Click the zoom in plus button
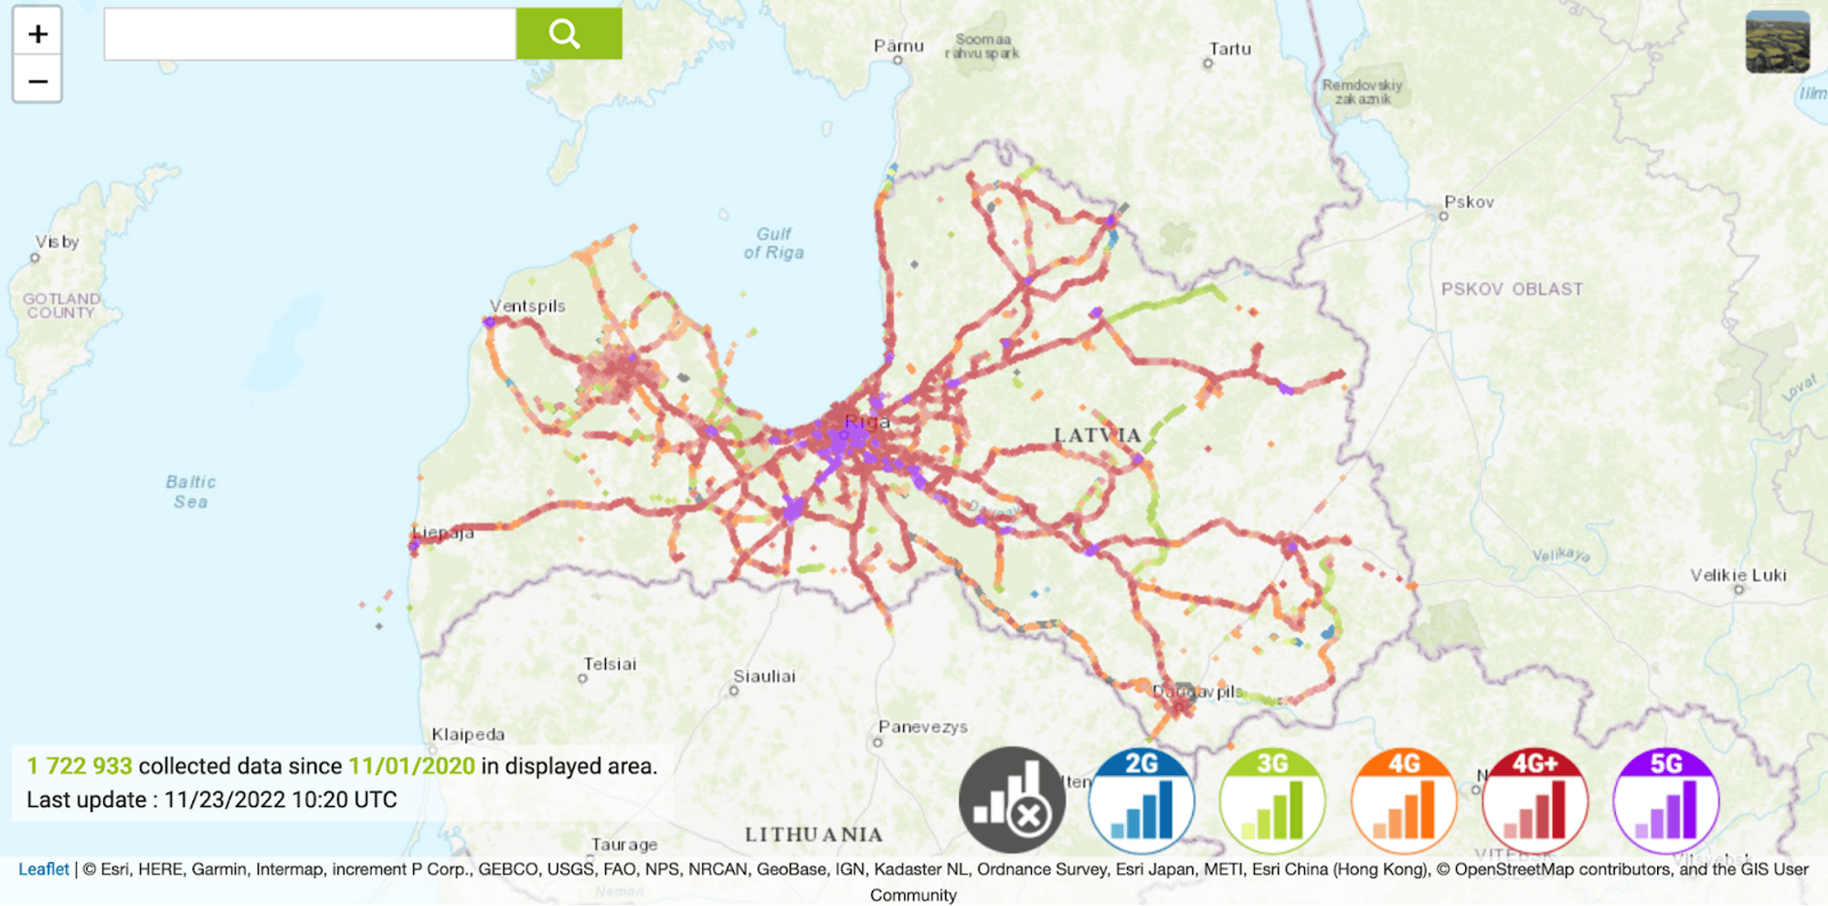(x=37, y=34)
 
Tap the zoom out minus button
(x=37, y=81)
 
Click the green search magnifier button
(x=569, y=34)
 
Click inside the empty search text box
(x=310, y=34)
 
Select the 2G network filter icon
(x=1142, y=801)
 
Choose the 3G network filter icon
(x=1272, y=801)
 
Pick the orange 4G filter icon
(x=1404, y=801)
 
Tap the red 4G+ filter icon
(x=1535, y=801)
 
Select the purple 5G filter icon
(x=1666, y=801)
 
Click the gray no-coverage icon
(x=1012, y=801)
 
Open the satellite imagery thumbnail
(x=1777, y=42)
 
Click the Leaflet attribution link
(x=44, y=869)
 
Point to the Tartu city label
(x=1230, y=49)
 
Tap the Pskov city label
(x=1469, y=202)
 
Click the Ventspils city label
(x=527, y=306)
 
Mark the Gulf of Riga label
(x=774, y=243)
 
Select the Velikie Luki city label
(x=1738, y=575)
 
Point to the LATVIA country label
(x=1098, y=435)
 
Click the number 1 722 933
(x=80, y=766)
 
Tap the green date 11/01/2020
(x=411, y=766)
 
